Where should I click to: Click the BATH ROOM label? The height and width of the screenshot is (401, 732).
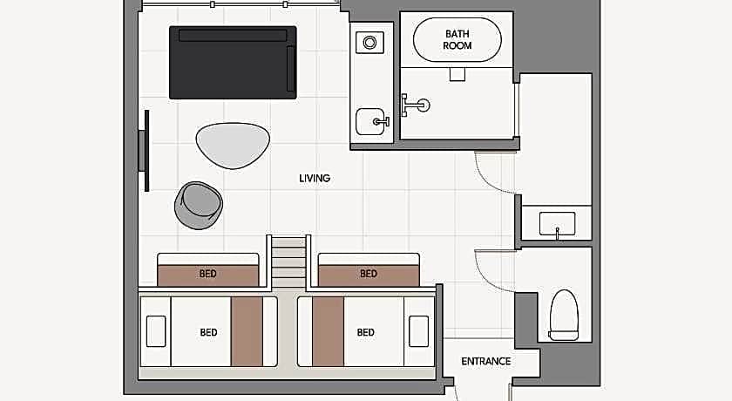(457, 40)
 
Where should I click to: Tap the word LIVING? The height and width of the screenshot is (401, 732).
(315, 179)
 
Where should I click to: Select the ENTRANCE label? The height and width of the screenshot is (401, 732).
(486, 361)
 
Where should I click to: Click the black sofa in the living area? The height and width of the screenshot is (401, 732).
(233, 63)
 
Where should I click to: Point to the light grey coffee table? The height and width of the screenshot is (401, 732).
(233, 146)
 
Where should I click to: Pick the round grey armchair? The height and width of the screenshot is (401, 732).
(199, 206)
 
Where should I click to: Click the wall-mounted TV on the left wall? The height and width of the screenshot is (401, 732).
(145, 151)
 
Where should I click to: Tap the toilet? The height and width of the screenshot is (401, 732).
(564, 315)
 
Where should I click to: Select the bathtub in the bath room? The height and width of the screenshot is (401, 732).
(457, 40)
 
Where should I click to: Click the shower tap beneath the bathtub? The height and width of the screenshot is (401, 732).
(415, 105)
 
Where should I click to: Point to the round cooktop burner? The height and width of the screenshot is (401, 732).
(369, 43)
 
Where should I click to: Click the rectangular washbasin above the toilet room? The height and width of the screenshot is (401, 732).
(558, 224)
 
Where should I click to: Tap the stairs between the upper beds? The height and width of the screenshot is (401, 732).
(288, 261)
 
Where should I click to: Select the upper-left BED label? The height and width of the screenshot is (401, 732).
(207, 274)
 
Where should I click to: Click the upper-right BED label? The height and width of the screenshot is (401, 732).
(369, 274)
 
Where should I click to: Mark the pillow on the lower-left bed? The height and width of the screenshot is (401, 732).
(156, 331)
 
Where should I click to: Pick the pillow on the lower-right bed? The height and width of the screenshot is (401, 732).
(419, 331)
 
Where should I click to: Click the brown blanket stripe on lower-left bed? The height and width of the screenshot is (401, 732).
(247, 331)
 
